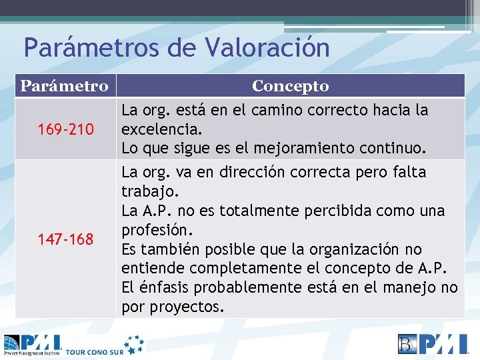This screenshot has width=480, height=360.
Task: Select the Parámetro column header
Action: coord(64,86)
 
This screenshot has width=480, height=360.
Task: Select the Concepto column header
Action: coord(290,86)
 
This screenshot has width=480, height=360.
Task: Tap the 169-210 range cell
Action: coord(66,128)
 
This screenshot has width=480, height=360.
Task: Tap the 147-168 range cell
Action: coord(66,239)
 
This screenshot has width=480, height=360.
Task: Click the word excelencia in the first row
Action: coord(157,128)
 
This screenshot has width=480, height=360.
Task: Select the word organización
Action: coord(347,249)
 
